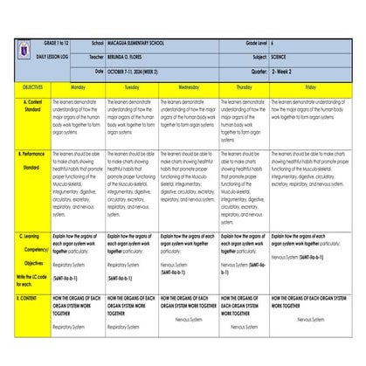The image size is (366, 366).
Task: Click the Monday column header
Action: [x=78, y=88]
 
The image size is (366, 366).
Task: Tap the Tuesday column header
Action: [x=131, y=88]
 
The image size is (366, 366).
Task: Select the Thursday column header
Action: [x=244, y=88]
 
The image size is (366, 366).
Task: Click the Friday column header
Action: [x=310, y=88]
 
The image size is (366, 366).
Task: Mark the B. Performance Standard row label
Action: [x=31, y=161]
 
